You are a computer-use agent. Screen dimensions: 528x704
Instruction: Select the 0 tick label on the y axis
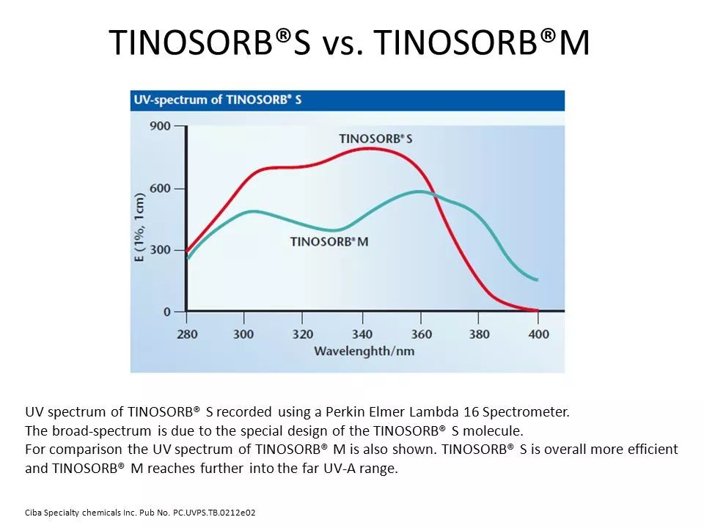(x=166, y=312)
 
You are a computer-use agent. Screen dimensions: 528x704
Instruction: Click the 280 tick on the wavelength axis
(x=186, y=334)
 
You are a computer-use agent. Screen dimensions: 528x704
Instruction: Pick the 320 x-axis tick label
(x=302, y=334)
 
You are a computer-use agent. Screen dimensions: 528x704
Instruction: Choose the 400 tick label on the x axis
(x=538, y=334)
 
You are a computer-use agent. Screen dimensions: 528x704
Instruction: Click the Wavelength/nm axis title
(x=364, y=351)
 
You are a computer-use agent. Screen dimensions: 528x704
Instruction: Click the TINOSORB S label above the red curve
(x=375, y=139)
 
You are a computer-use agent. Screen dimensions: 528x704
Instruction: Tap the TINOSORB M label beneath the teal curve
(x=329, y=241)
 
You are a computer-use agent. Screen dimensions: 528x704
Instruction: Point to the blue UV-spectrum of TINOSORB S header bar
(x=347, y=100)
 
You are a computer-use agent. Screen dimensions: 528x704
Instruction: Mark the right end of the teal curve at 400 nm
(x=538, y=280)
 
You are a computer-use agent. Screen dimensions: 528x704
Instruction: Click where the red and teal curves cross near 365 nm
(x=434, y=195)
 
